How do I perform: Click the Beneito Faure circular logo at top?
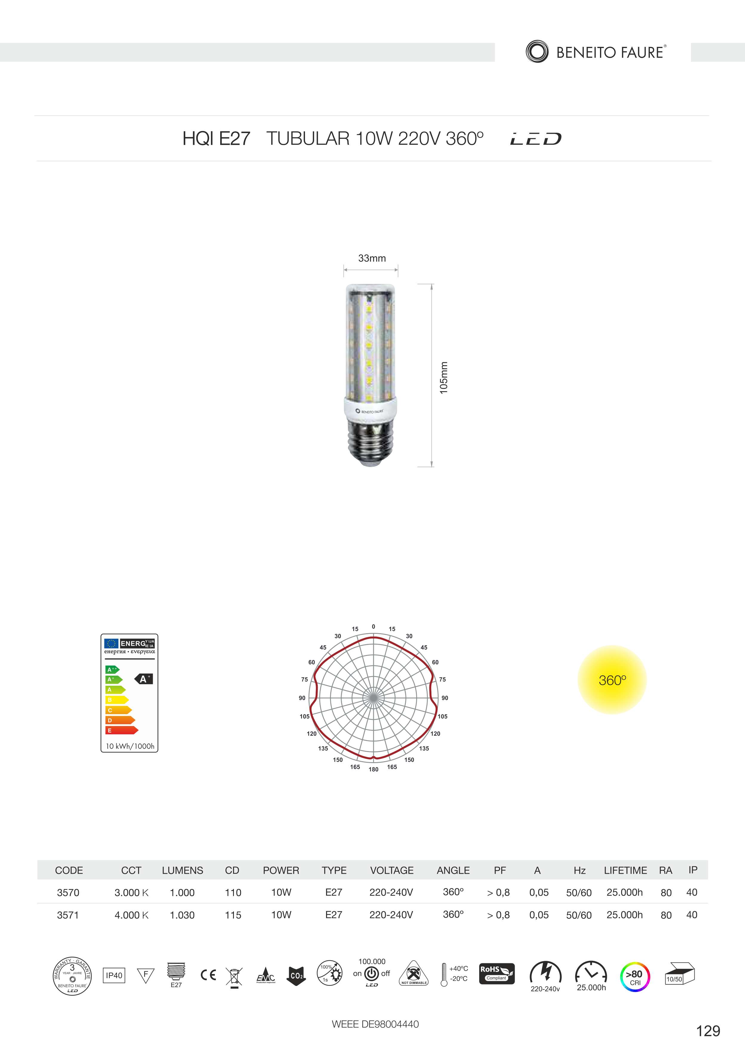pyautogui.click(x=537, y=51)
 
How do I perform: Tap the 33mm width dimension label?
pyautogui.click(x=372, y=258)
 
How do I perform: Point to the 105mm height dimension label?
pyautogui.click(x=443, y=377)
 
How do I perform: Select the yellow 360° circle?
pyautogui.click(x=612, y=680)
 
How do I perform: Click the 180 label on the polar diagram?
pyautogui.click(x=374, y=769)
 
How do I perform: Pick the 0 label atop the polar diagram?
pyautogui.click(x=374, y=627)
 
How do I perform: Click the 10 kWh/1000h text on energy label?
pyautogui.click(x=130, y=746)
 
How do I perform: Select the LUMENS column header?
pyautogui.click(x=182, y=870)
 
